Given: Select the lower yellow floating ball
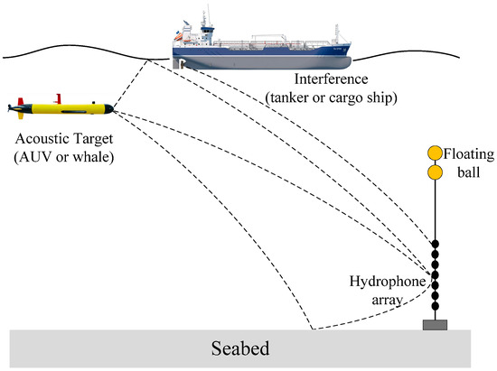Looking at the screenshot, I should (436, 171).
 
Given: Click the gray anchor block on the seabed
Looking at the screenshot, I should (436, 322).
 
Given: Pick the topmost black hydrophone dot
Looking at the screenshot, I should (436, 245).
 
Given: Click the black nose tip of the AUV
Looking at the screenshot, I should (113, 110).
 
